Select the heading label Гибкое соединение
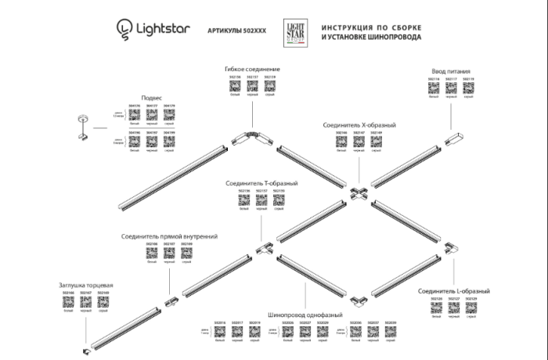(x=251, y=70)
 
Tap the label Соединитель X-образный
(x=359, y=124)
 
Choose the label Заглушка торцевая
(x=86, y=285)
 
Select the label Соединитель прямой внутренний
(x=169, y=236)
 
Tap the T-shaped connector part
(x=263, y=249)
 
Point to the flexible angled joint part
(x=251, y=138)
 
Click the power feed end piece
(x=452, y=139)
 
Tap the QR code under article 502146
(x=341, y=144)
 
